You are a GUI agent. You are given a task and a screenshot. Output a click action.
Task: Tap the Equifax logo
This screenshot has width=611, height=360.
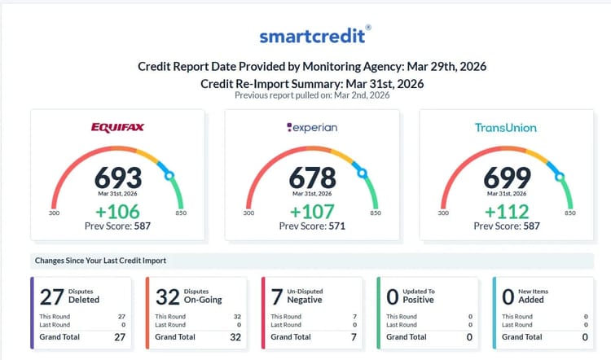click(x=119, y=128)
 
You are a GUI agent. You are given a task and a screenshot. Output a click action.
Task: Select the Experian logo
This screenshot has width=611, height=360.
click(x=312, y=128)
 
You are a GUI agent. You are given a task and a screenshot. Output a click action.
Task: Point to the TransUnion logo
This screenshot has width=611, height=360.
click(x=506, y=128)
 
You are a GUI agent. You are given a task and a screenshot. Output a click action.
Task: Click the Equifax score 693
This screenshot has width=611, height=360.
click(x=119, y=176)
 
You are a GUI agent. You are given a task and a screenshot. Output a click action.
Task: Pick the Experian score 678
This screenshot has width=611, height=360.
click(x=312, y=176)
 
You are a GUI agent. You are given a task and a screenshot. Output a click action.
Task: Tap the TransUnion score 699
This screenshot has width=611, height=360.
click(x=506, y=176)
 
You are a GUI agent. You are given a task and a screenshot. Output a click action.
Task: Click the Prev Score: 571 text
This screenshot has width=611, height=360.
click(x=312, y=226)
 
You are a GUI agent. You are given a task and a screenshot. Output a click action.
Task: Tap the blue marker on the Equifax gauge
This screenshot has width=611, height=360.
click(x=169, y=174)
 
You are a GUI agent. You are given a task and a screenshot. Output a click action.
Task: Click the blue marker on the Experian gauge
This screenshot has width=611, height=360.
click(x=363, y=173)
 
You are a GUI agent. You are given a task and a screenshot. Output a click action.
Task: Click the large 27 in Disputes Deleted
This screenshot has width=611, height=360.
click(x=52, y=296)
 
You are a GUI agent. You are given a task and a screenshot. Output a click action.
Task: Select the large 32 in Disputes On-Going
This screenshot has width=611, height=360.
click(x=168, y=296)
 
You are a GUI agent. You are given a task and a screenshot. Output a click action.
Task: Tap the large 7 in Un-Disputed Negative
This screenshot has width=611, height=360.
click(x=277, y=296)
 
